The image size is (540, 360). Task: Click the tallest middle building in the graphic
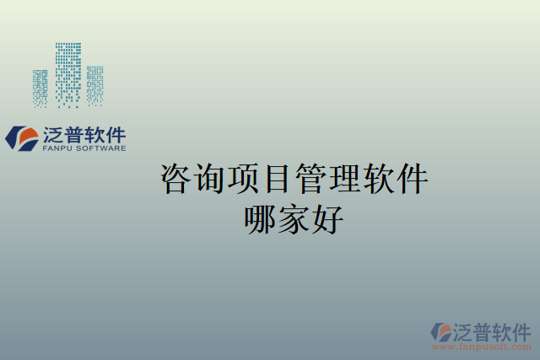click(x=68, y=74)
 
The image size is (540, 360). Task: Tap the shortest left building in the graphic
click(x=40, y=88)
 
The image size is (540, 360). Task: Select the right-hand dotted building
click(x=94, y=84)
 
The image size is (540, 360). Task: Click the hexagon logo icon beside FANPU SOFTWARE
click(x=22, y=138)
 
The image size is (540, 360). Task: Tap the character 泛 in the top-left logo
click(x=51, y=134)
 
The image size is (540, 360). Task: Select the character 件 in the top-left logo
click(x=115, y=134)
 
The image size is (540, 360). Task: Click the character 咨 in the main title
click(x=175, y=179)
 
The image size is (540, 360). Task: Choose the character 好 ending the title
click(x=328, y=219)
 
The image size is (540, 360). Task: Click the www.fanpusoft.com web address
click(x=483, y=347)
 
